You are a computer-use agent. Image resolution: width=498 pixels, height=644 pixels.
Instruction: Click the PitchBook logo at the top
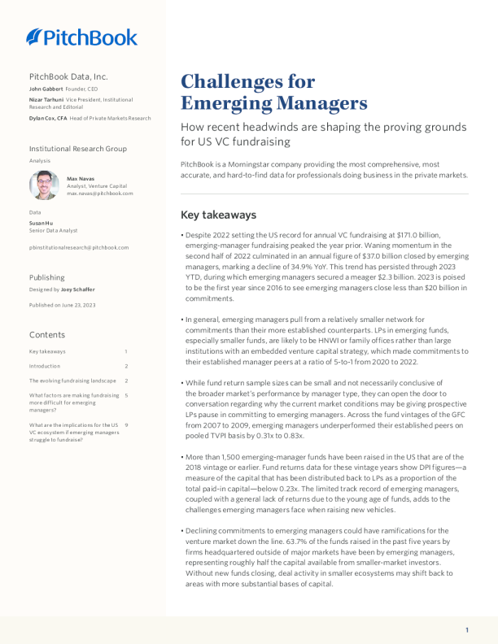pos(81,37)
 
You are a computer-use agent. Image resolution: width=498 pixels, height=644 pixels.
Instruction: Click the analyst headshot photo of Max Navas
pos(44,185)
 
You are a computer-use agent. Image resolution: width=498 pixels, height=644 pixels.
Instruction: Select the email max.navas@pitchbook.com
pos(99,194)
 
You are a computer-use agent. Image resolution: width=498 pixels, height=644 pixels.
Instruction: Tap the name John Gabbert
pos(46,88)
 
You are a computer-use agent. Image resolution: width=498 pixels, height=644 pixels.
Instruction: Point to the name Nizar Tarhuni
pos(46,98)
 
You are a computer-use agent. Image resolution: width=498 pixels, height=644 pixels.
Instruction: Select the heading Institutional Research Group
pos(78,149)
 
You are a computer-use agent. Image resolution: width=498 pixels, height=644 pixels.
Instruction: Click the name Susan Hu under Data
pos(41,222)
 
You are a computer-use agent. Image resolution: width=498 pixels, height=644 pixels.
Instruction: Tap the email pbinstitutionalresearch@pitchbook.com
pos(79,247)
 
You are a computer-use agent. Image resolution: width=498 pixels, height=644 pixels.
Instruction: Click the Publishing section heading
pos(47,277)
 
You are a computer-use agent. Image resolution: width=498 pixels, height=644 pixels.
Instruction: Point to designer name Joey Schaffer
pos(78,289)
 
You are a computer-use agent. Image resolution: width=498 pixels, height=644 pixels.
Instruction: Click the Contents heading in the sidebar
pos(46,334)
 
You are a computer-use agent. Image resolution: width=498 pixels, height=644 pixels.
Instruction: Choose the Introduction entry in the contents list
pos(45,366)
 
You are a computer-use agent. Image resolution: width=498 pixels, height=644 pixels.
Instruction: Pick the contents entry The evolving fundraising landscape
pos(73,381)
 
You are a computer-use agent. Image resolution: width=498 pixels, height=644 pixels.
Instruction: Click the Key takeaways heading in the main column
pos(218,215)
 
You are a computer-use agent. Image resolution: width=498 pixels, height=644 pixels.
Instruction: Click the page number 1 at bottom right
pos(467,630)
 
